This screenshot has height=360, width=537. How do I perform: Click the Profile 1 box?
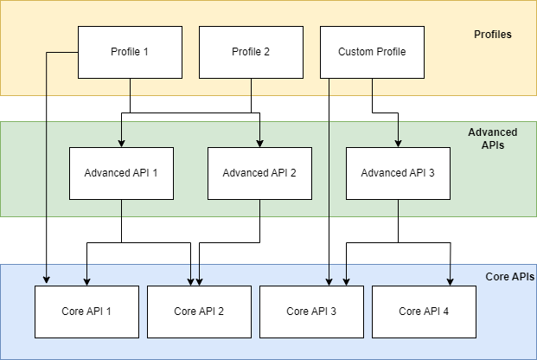coord(130,52)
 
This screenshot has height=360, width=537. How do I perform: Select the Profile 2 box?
coord(251,52)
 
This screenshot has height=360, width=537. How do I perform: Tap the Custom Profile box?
coord(372,52)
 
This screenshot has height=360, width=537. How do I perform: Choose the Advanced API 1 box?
coord(121,173)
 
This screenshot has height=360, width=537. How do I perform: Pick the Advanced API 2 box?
coord(259,173)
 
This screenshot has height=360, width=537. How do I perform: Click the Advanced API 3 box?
coord(398,173)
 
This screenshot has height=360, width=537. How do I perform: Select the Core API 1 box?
coord(86,311)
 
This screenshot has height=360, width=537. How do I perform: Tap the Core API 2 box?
coord(199,311)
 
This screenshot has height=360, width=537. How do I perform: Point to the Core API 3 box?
coord(311,311)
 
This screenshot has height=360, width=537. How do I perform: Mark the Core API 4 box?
coord(424,311)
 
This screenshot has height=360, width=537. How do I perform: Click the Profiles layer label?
coord(493,35)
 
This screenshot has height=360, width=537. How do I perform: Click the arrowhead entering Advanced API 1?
coord(121,143)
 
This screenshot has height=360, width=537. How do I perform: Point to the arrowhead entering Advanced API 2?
coord(259,143)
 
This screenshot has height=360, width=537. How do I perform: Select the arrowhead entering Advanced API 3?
coord(398,143)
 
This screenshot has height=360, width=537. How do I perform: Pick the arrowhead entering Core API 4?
coord(450,281)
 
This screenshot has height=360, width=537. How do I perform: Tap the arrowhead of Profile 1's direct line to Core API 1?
coord(44,281)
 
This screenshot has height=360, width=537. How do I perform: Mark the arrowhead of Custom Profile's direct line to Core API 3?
coord(329,281)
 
